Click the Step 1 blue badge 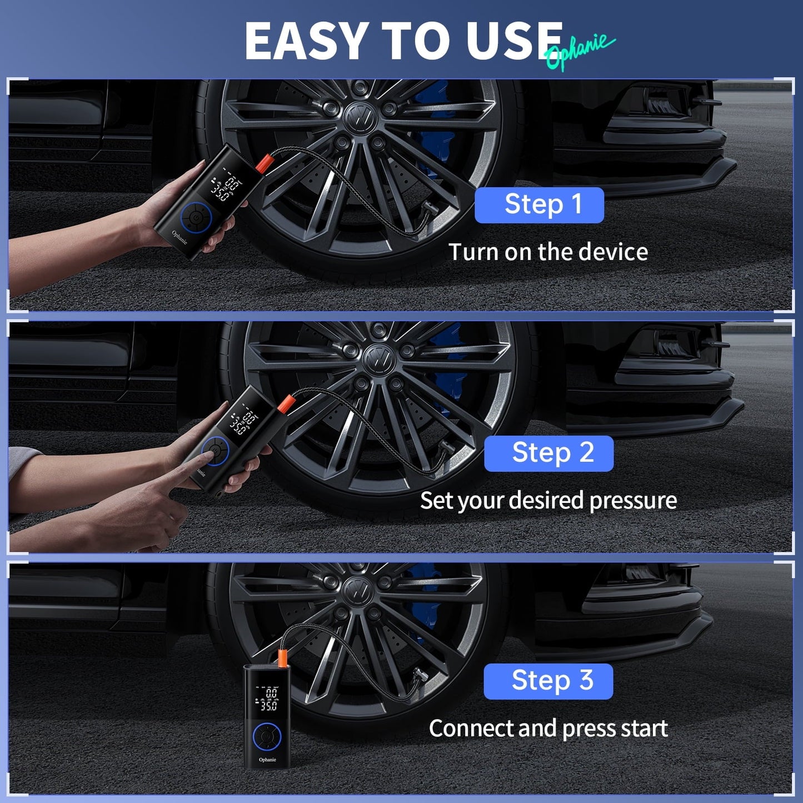(x=539, y=205)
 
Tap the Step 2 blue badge (x=548, y=453)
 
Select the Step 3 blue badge (x=548, y=681)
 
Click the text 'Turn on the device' (x=548, y=252)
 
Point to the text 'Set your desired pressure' (x=548, y=501)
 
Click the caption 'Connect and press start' (x=548, y=729)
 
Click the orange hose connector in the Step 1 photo (x=263, y=163)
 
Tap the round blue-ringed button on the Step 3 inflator (x=267, y=737)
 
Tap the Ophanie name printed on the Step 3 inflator (x=267, y=760)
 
